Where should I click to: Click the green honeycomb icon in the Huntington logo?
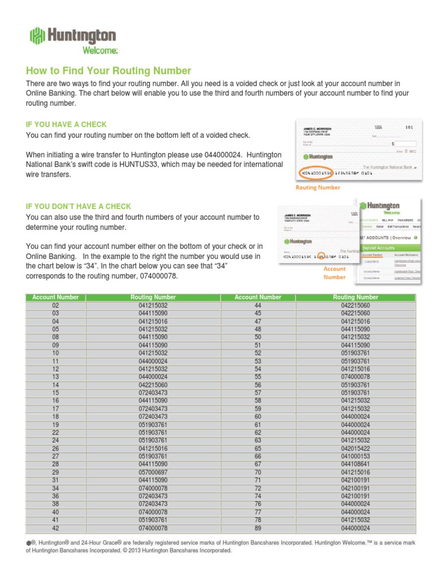click(x=37, y=36)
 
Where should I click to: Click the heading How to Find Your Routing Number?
click(x=109, y=71)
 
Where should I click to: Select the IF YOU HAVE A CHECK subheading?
click(x=67, y=124)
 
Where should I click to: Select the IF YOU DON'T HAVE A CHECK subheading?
click(x=79, y=206)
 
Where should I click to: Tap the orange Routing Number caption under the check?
click(x=318, y=187)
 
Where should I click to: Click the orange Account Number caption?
click(x=334, y=273)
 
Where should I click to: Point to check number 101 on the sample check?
click(x=409, y=126)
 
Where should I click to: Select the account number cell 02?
click(x=56, y=305)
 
